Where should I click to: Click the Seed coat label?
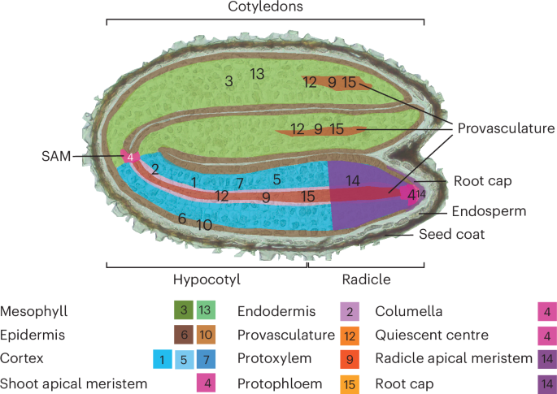[x=451, y=235]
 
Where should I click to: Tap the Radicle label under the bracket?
[x=365, y=279]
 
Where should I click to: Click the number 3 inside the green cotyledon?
[x=228, y=80]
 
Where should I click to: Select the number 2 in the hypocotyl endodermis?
[x=154, y=169]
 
